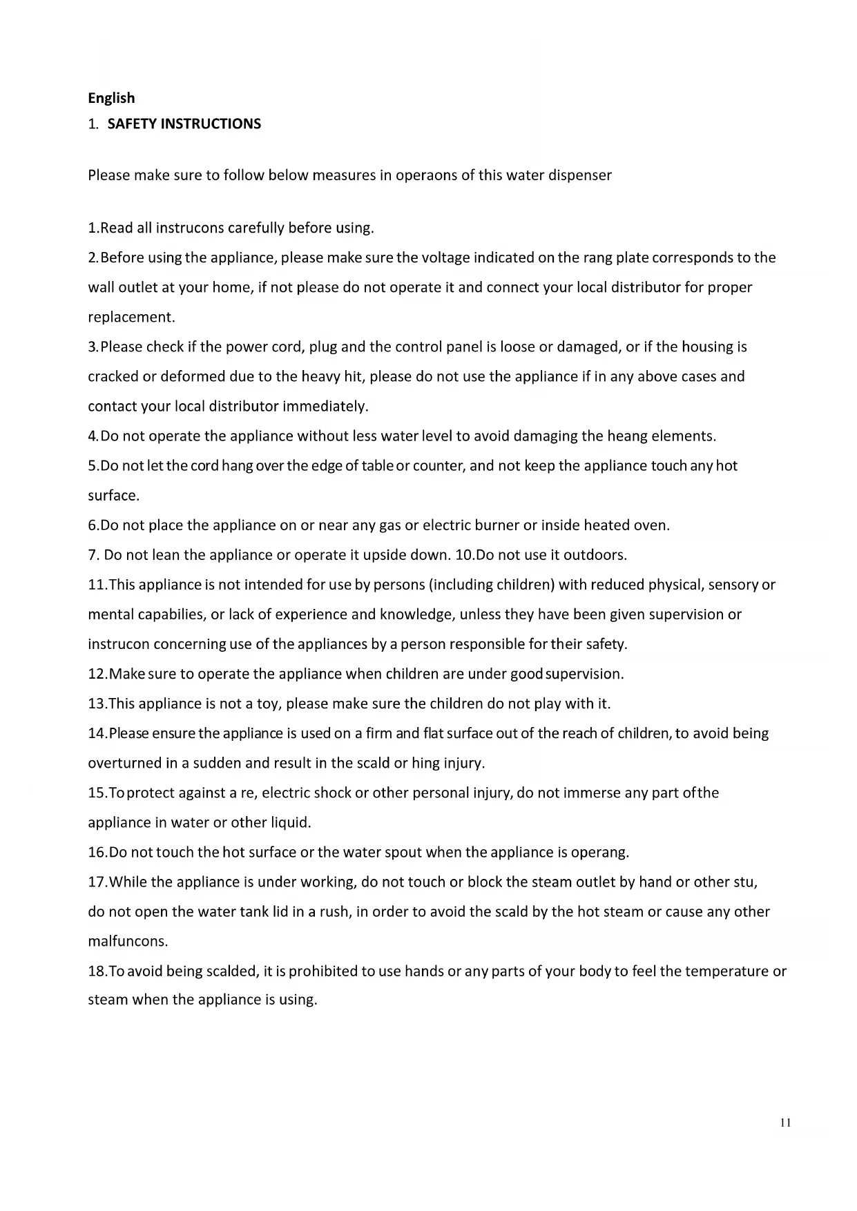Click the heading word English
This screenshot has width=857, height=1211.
(x=111, y=98)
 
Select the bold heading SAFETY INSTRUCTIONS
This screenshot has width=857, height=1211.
(x=184, y=124)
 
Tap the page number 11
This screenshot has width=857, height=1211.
(x=785, y=1122)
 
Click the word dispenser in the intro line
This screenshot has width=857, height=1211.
(x=579, y=175)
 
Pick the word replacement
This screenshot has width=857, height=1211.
(x=131, y=318)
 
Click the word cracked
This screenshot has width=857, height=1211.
(x=113, y=377)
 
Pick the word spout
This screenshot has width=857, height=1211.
(x=403, y=852)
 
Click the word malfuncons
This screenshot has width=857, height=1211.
(x=128, y=941)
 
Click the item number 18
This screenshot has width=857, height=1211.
(x=97, y=971)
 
